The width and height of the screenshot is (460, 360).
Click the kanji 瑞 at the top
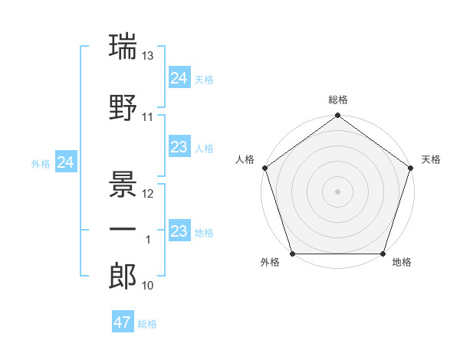click(123, 47)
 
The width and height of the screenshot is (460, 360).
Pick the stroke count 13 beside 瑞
click(149, 55)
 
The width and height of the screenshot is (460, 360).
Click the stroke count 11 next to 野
click(149, 117)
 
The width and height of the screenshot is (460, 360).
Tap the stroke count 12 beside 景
click(149, 193)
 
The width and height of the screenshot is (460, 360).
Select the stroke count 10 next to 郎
click(149, 286)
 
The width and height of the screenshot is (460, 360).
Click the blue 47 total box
click(123, 322)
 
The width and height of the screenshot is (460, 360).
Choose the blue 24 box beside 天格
click(179, 78)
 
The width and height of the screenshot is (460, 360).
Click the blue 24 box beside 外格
click(66, 162)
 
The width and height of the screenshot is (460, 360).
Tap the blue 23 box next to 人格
click(179, 147)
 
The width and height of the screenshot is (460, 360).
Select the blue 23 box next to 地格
click(179, 231)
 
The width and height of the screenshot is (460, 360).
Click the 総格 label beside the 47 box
click(148, 324)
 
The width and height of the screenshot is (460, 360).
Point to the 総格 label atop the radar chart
click(338, 100)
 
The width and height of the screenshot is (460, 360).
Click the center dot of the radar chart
click(337, 191)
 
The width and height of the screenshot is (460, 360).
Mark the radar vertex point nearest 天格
click(411, 168)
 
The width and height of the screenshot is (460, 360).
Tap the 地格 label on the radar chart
click(402, 263)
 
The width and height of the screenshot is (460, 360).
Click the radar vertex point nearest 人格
click(264, 168)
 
